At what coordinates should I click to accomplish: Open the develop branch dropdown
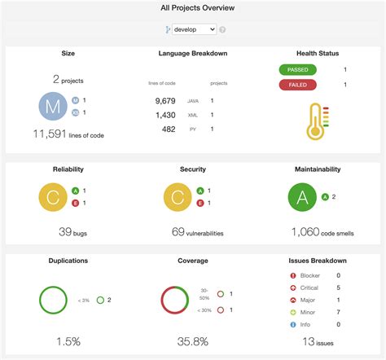[x=195, y=29]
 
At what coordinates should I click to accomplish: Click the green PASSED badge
[x=299, y=71]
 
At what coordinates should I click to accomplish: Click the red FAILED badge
[x=299, y=85]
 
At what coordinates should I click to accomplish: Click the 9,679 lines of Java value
[x=165, y=101]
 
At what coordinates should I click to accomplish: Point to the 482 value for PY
[x=169, y=129]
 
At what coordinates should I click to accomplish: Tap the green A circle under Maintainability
[x=302, y=197]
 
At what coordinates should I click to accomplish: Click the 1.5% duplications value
[x=68, y=340]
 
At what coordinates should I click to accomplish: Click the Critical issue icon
[x=282, y=288]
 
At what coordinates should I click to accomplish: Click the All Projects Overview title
[x=193, y=7]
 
